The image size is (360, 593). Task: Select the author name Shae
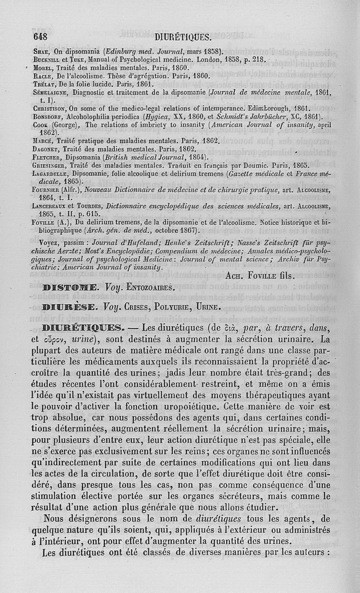tap(41, 51)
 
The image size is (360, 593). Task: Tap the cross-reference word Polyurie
tap(171, 308)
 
